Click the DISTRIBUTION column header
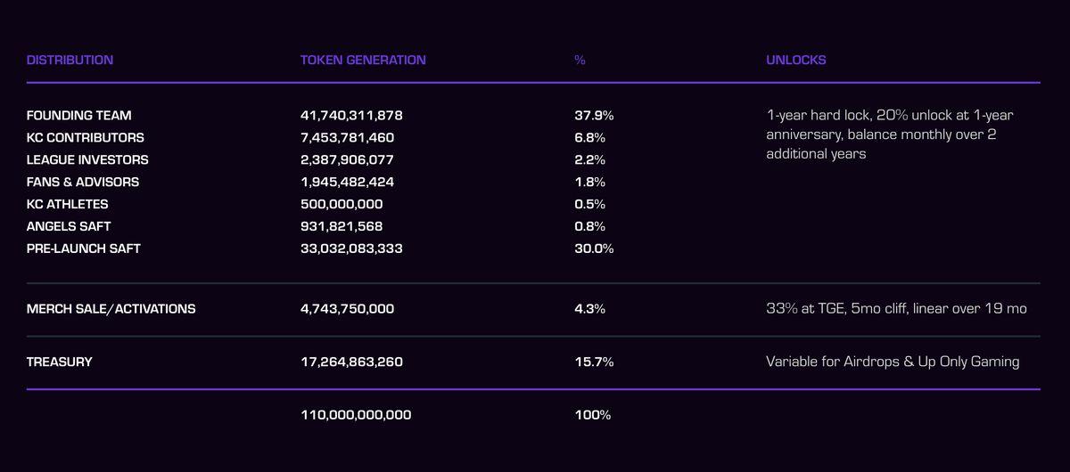point(70,61)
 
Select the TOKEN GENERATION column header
point(363,61)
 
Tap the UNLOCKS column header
point(795,61)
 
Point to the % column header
point(580,61)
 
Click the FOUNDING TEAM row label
point(78,116)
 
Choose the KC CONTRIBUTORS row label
point(85,138)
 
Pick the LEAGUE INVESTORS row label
point(87,160)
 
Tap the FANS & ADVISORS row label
point(83,182)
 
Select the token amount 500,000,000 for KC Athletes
point(342,204)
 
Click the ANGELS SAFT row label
point(69,226)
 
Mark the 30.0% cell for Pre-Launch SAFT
point(594,248)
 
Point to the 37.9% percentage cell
point(594,116)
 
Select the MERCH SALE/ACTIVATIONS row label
point(111,309)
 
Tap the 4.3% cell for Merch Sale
point(589,309)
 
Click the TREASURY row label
point(59,362)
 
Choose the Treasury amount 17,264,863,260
point(351,362)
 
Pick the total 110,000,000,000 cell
point(356,415)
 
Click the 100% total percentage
point(593,415)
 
